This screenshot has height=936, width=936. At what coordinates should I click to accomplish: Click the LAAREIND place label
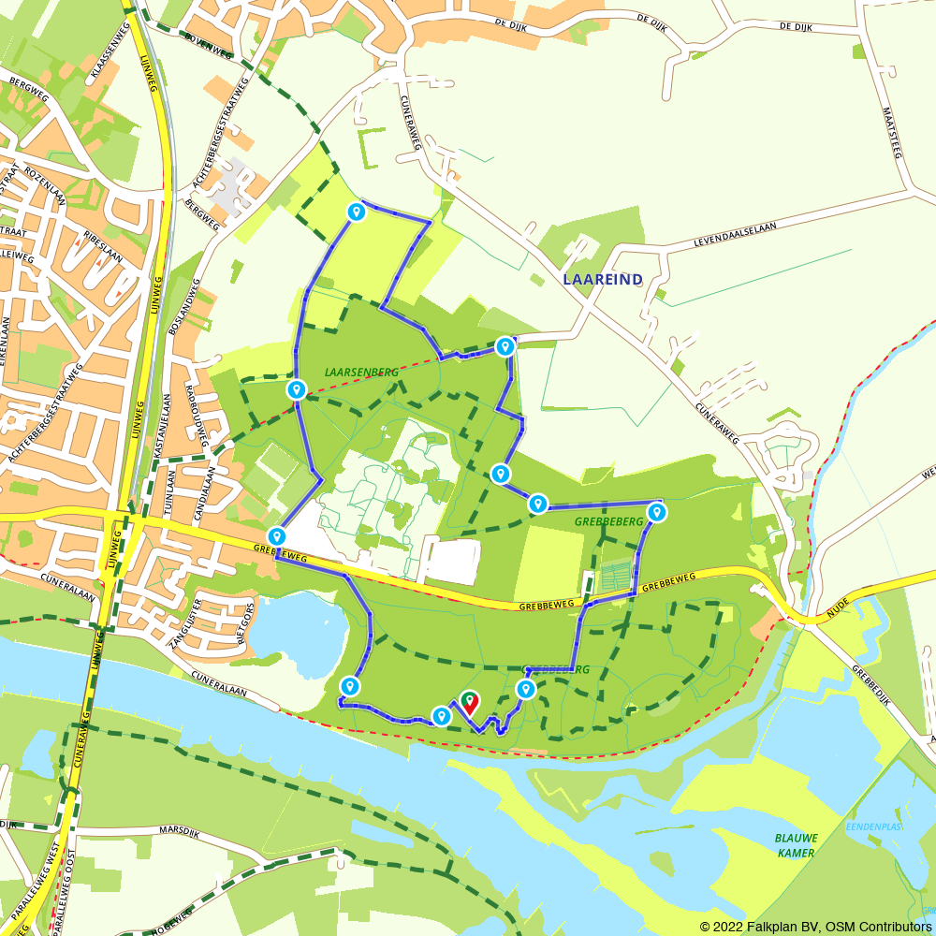tap(603, 279)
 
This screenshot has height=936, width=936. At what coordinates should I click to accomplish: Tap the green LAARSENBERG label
tap(361, 372)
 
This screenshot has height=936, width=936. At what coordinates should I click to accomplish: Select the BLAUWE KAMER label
tap(795, 844)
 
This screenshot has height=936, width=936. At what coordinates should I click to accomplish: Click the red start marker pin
tap(468, 702)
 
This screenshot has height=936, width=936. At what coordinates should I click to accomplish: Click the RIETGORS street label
tap(248, 622)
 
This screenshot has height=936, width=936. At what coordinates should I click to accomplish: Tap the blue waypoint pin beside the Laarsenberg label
tap(297, 389)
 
